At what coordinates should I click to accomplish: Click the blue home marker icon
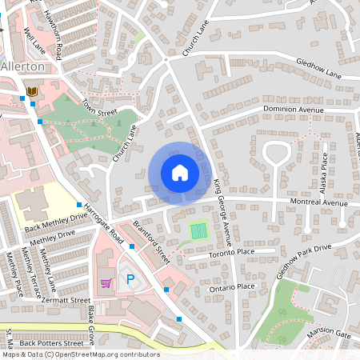click(180, 173)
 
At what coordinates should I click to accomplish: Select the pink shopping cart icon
click(106, 282)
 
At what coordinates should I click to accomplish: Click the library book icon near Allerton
click(32, 92)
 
